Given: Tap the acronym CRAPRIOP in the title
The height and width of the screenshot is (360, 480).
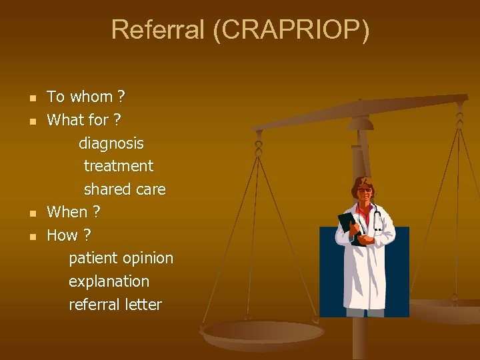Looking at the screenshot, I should [x=291, y=30].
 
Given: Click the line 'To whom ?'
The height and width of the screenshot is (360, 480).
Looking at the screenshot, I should [x=85, y=97].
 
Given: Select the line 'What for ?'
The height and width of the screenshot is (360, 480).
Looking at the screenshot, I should [x=83, y=120].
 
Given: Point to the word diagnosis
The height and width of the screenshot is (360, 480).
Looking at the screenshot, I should [x=111, y=143].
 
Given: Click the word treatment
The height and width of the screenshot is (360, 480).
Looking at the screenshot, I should [x=119, y=166].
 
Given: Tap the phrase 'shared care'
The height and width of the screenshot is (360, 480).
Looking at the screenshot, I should [x=125, y=189].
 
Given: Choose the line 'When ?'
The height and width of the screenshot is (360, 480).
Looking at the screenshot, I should [x=73, y=212].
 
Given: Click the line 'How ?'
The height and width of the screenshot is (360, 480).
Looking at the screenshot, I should [x=69, y=235].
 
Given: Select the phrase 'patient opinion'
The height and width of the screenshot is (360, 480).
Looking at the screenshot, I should [x=121, y=258].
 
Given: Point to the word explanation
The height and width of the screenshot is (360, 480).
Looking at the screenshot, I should [x=109, y=281].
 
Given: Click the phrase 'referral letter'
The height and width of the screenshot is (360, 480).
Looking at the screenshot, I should [x=115, y=305].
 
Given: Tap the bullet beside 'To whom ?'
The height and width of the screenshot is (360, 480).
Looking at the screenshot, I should [x=31, y=99].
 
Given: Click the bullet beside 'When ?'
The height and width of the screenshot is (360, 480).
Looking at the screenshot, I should [x=31, y=214].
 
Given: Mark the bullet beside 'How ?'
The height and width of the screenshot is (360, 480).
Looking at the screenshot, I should [x=31, y=237].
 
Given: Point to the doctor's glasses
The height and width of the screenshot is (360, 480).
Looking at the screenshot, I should [x=365, y=191].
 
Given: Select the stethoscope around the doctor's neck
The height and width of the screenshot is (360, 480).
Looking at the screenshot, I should [x=377, y=217].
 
